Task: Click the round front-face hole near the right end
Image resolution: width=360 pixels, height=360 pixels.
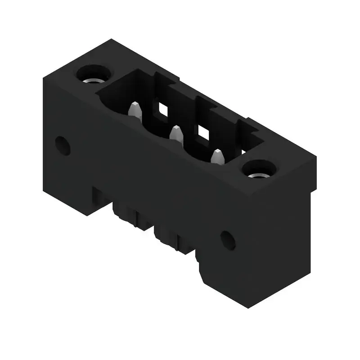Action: click(228, 240)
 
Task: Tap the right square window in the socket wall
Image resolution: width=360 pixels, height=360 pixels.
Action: click(203, 132)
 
